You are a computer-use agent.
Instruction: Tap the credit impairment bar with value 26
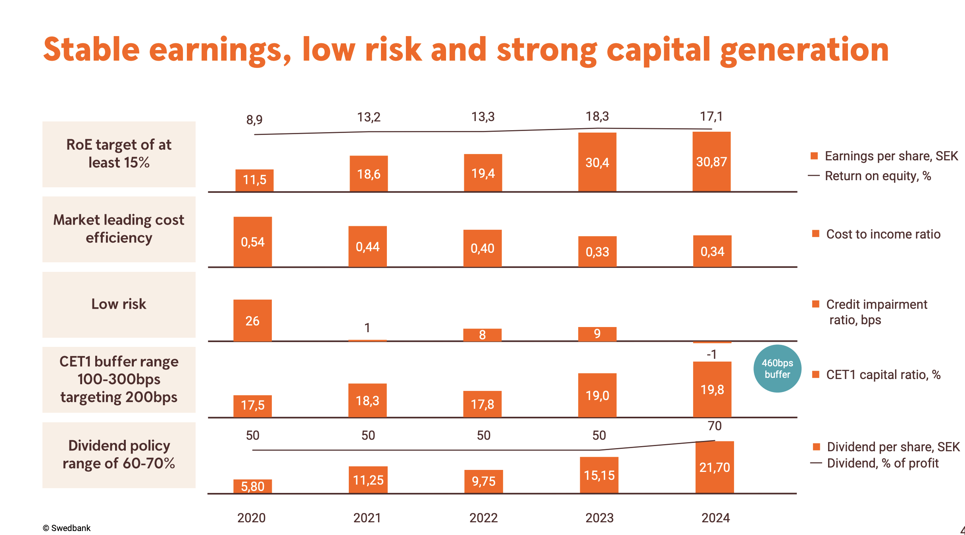[252, 320]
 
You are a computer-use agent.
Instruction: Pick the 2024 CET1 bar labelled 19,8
[712, 389]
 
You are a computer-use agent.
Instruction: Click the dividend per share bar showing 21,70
[715, 467]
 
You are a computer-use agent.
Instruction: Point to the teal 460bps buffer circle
[777, 369]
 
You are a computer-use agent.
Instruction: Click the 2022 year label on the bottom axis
[483, 518]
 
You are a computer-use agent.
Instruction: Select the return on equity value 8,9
[254, 119]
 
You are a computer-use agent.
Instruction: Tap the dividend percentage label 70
[715, 426]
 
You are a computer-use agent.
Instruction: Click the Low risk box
[119, 304]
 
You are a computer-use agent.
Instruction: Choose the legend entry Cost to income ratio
[883, 234]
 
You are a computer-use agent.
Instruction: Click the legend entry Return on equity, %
[878, 176]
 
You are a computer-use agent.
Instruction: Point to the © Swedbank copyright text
[67, 528]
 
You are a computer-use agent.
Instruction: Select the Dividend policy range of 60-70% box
[119, 455]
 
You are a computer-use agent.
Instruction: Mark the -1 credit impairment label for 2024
[712, 354]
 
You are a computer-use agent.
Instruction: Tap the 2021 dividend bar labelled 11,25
[368, 480]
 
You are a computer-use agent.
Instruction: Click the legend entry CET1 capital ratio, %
[883, 375]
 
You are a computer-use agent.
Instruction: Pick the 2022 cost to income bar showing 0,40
[482, 248]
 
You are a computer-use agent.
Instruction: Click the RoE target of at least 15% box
[119, 154]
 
